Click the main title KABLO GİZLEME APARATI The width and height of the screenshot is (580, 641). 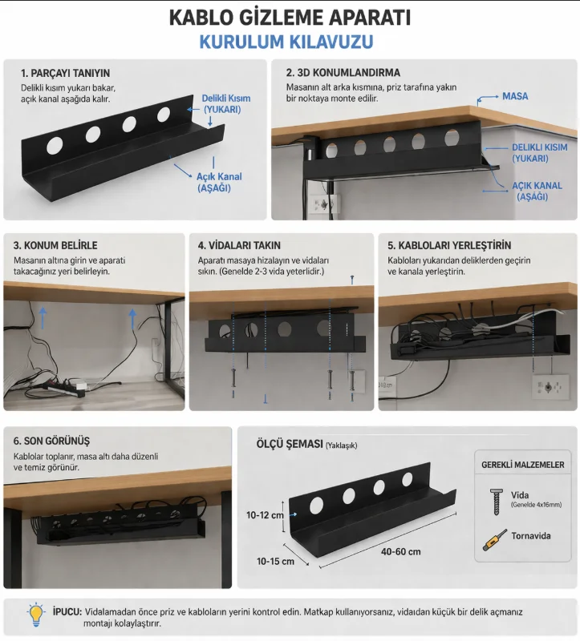click(x=290, y=18)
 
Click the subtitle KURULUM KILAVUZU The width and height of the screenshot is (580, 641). click(x=286, y=42)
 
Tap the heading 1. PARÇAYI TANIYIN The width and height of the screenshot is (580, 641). click(x=66, y=73)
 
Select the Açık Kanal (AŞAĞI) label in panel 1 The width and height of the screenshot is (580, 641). click(x=219, y=183)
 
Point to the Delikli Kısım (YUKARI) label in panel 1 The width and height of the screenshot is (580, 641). click(x=226, y=104)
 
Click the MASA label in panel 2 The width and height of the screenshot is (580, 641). click(x=515, y=96)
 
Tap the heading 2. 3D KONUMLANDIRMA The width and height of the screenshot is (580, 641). click(x=343, y=73)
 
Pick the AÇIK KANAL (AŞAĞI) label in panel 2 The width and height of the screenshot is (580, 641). click(x=537, y=191)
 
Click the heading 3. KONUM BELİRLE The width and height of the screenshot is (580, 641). click(x=55, y=245)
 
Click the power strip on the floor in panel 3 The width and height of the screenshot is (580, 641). click(x=67, y=387)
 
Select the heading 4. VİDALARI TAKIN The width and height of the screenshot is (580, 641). click(x=239, y=245)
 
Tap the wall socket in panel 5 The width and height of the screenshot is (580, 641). click(x=550, y=387)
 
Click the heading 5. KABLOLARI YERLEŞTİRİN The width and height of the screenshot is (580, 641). click(x=449, y=245)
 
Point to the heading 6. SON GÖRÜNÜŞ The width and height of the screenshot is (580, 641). click(x=51, y=441)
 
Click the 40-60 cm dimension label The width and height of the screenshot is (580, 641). click(x=401, y=551)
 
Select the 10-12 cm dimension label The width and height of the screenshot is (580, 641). click(x=265, y=514)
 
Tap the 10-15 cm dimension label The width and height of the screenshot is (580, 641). click(x=275, y=562)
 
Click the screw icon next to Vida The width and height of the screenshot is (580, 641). click(x=496, y=502)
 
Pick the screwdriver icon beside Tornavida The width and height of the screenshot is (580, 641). click(x=494, y=539)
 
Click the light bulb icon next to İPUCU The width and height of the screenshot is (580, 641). click(x=36, y=615)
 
